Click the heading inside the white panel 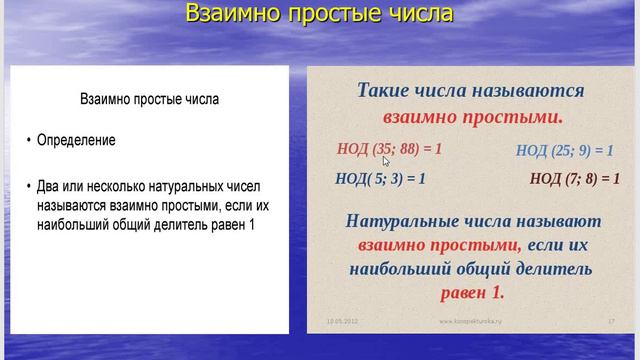tap(149, 100)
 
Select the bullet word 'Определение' tap(76, 141)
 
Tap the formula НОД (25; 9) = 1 tap(564, 151)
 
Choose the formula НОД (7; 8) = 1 tap(569, 179)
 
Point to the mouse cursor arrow tap(385, 159)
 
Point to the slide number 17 tap(610, 321)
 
